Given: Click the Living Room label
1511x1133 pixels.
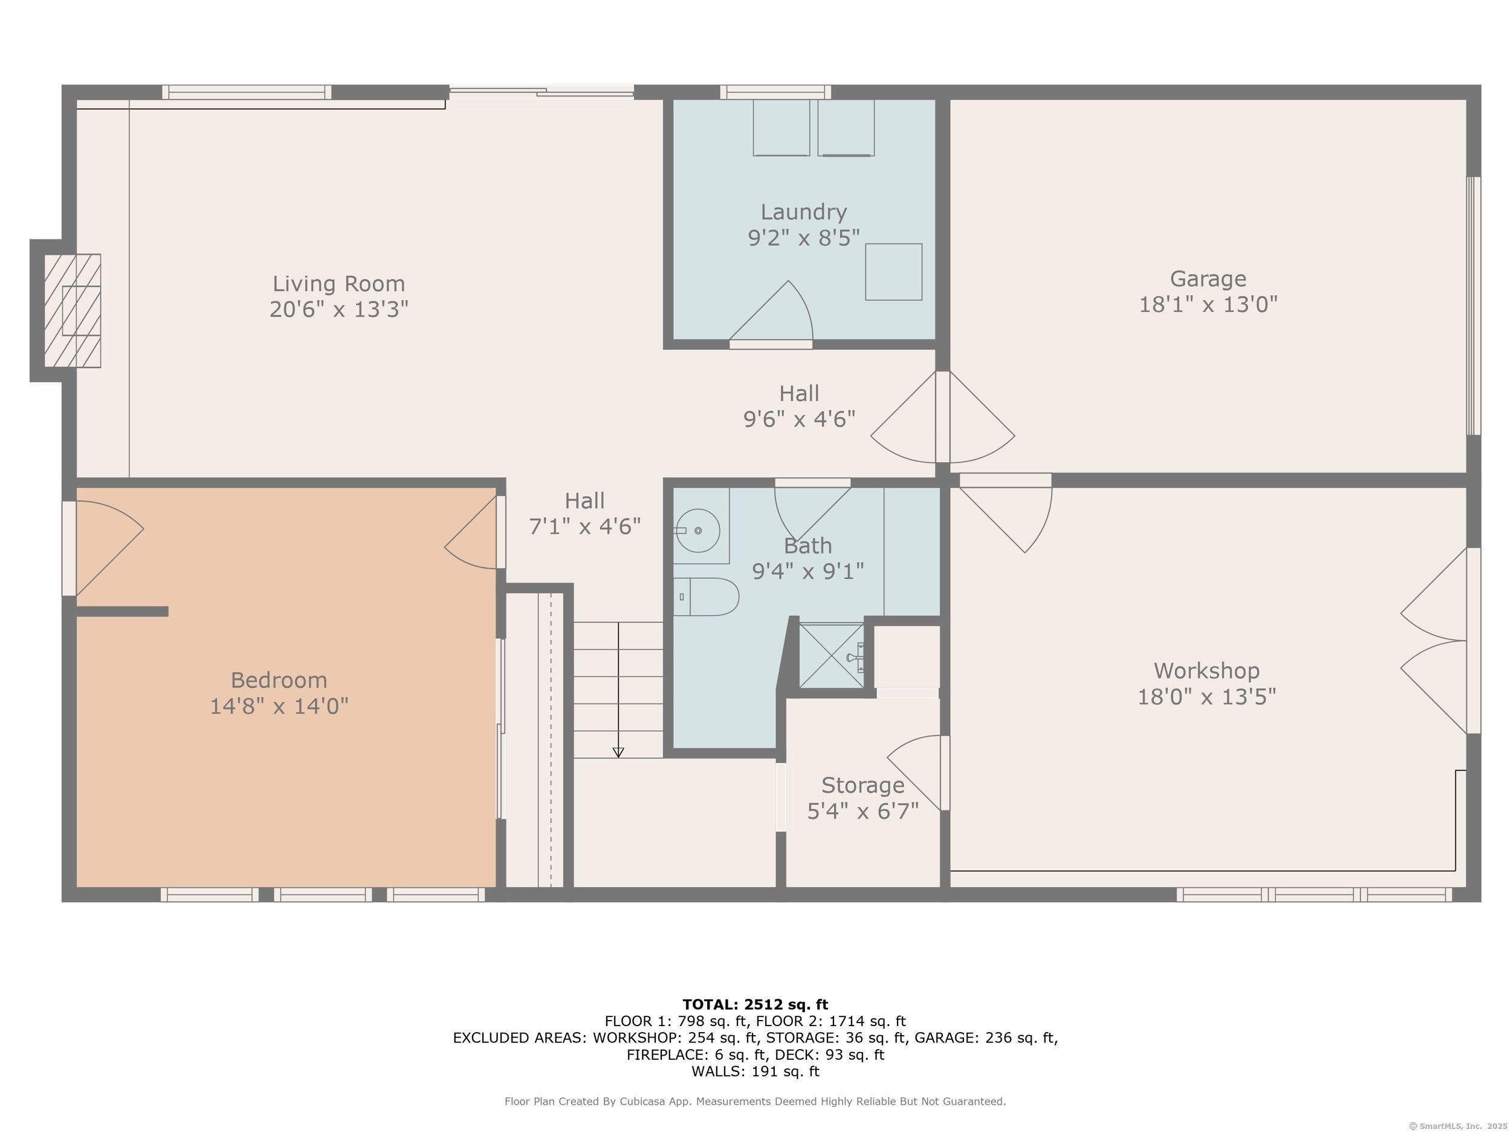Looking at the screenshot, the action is click(339, 283).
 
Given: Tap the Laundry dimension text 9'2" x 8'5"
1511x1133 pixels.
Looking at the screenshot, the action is click(804, 237).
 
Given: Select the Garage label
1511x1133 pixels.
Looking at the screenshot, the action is click(1208, 279).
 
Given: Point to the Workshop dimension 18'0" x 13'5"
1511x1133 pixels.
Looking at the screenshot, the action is click(1206, 697).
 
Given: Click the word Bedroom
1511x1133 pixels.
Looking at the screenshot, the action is click(279, 680).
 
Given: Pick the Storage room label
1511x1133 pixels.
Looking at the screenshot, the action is click(862, 786).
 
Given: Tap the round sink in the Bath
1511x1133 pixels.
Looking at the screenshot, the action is click(697, 531).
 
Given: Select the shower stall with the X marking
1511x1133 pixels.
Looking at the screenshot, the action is click(831, 656).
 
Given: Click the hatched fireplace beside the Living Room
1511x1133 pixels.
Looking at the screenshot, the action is click(73, 311).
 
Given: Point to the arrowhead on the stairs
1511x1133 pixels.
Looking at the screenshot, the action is click(618, 752).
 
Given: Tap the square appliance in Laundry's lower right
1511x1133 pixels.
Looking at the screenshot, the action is click(893, 272).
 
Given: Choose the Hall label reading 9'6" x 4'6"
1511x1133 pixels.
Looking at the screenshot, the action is click(799, 405).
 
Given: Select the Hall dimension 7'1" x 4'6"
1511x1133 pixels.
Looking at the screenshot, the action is click(584, 526).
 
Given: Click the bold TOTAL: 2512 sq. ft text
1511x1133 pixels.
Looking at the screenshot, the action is click(755, 1005).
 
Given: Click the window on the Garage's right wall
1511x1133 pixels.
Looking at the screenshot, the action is click(1474, 306).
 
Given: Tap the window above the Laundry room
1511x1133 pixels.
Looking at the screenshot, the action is click(775, 92).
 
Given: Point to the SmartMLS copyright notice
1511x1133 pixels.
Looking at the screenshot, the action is click(1458, 1126).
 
